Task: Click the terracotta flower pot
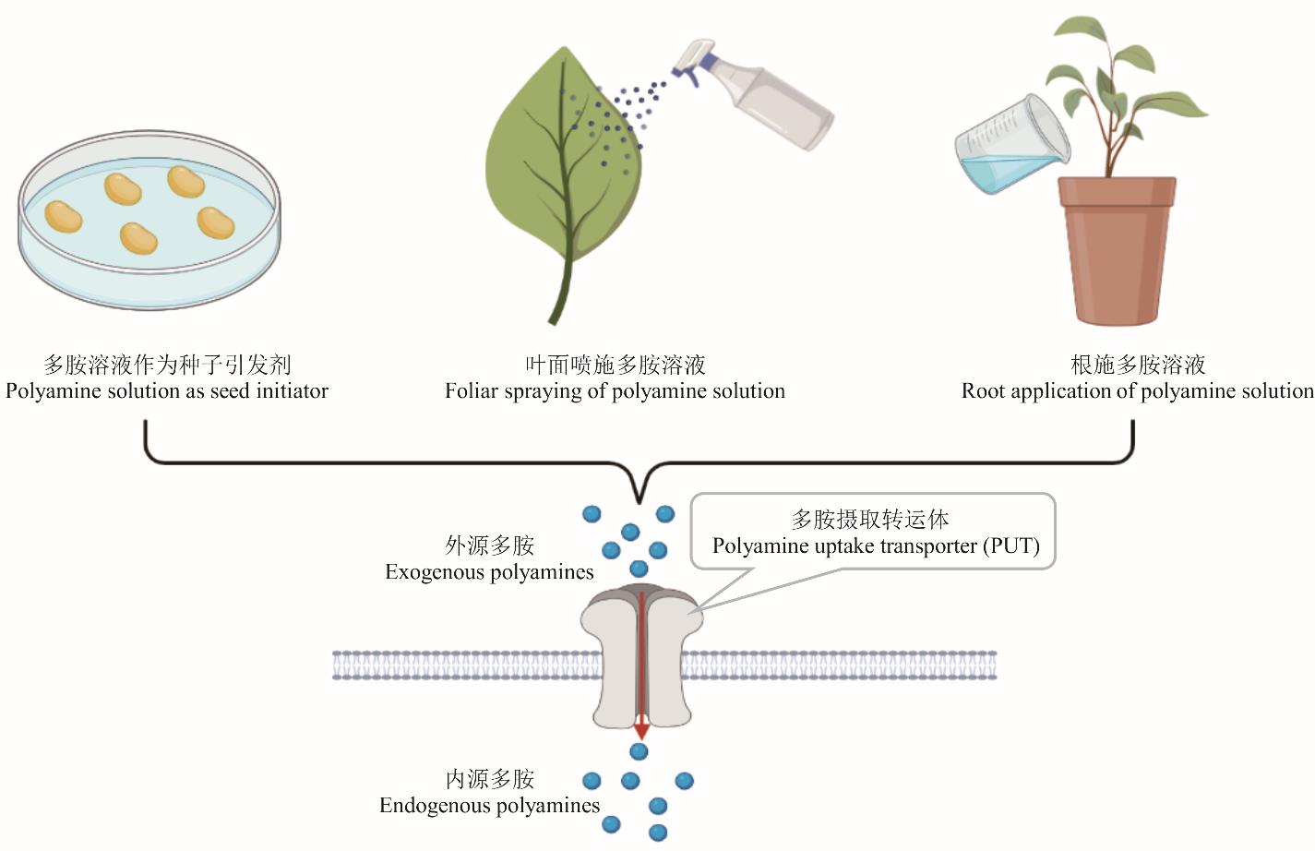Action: pos(1117,249)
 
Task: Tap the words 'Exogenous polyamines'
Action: pos(489,572)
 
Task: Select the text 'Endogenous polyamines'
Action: pos(489,806)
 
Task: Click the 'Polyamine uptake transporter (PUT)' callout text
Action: pos(875,545)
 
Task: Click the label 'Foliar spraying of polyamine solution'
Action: pos(615,390)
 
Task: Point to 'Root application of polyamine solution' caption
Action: pos(1137,390)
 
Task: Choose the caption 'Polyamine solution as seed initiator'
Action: pos(167,390)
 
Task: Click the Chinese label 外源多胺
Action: pos(489,545)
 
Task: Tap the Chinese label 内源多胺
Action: pos(489,779)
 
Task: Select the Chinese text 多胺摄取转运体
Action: pos(869,519)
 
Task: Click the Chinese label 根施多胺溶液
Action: pos(1138,365)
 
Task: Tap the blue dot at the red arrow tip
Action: pos(639,752)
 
